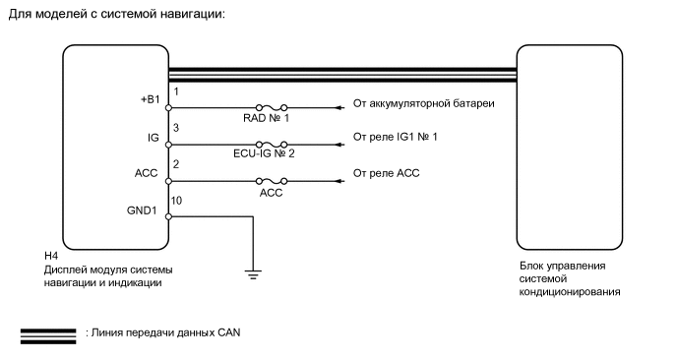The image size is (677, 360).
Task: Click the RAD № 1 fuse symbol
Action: pyautogui.click(x=272, y=107)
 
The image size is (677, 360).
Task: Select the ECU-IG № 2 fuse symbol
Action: pyautogui.click(x=272, y=145)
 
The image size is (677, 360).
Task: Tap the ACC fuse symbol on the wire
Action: pyautogui.click(x=272, y=181)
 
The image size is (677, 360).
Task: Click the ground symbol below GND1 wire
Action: pyautogui.click(x=253, y=274)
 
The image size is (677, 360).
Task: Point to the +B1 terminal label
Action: pyautogui.click(x=151, y=99)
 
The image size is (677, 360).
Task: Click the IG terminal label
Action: pyautogui.click(x=154, y=138)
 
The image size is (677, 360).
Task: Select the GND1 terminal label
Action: pyautogui.click(x=142, y=210)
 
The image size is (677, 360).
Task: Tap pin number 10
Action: pyautogui.click(x=176, y=201)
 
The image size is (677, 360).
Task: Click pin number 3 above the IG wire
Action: pyautogui.click(x=176, y=128)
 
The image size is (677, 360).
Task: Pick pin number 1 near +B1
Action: pyautogui.click(x=176, y=91)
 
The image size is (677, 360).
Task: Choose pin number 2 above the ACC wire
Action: pyautogui.click(x=176, y=164)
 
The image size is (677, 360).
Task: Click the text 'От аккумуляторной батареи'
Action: pyautogui.click(x=423, y=103)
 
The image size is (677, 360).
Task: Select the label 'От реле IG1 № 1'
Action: pyautogui.click(x=395, y=137)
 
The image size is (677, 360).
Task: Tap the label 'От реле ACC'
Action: pyautogui.click(x=386, y=173)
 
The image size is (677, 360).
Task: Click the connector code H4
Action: pyautogui.click(x=51, y=256)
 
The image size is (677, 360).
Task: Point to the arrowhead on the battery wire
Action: pyautogui.click(x=340, y=107)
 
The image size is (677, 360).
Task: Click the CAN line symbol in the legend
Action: pyautogui.click(x=48, y=336)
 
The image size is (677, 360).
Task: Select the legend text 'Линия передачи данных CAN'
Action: pyautogui.click(x=165, y=332)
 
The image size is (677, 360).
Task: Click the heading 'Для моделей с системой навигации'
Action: pyautogui.click(x=116, y=14)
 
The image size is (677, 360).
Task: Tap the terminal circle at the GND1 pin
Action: pyautogui.click(x=169, y=216)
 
